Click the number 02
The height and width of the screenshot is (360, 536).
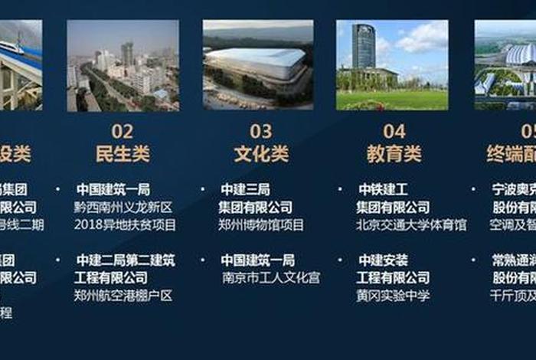click(123, 131)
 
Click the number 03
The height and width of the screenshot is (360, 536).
click(261, 131)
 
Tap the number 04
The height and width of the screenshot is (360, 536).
click(394, 131)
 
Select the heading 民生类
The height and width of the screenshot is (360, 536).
click(123, 154)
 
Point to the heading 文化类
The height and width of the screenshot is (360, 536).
click(261, 154)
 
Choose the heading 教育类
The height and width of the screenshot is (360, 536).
click(394, 154)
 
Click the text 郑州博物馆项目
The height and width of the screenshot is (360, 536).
click(260, 225)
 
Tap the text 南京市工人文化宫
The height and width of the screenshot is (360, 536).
click(270, 277)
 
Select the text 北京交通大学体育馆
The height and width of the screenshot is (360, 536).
click(410, 225)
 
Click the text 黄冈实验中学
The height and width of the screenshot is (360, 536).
click(393, 296)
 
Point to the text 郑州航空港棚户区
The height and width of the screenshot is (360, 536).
click(123, 295)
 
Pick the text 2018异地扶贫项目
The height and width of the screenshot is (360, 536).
click(126, 225)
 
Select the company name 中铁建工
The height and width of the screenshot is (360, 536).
click(383, 189)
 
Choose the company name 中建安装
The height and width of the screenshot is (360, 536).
click(383, 260)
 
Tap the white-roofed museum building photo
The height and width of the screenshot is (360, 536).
click(257, 65)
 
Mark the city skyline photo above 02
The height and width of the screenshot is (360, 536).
click(123, 65)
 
